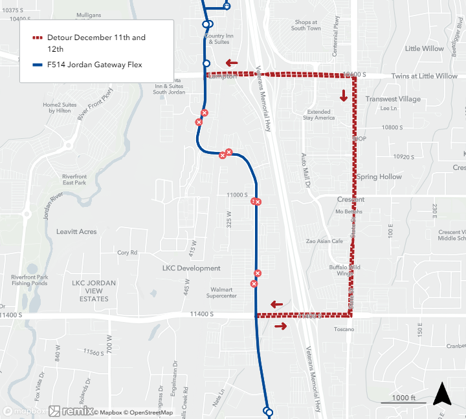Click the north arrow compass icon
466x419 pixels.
tap(442, 394)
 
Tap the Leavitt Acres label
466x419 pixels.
tap(76, 231)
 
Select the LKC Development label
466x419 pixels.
tap(191, 268)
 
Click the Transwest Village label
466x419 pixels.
tap(392, 99)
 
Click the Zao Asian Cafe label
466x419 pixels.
tap(325, 241)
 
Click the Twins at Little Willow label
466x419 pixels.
tap(424, 76)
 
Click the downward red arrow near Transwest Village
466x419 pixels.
tap(343, 96)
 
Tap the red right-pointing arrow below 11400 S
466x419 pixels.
tap(280, 326)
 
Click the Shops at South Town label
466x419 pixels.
tap(305, 25)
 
